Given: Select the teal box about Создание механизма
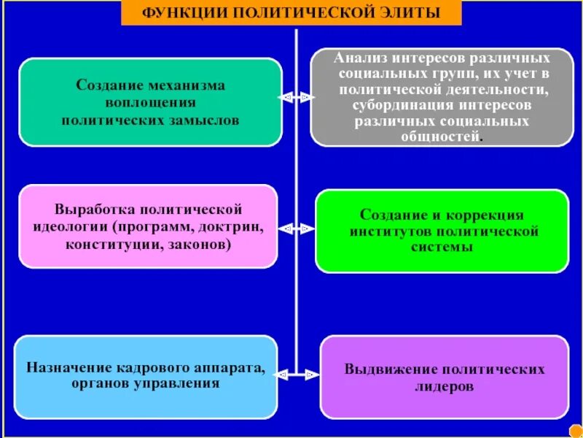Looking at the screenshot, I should tap(150, 102).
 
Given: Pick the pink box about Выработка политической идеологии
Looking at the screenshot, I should tap(148, 226).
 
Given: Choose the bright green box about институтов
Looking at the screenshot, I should tap(442, 231).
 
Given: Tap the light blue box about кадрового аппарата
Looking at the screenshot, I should tap(146, 376).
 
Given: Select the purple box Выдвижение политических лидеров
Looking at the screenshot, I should tap(445, 377).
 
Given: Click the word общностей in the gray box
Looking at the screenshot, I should tap(442, 137).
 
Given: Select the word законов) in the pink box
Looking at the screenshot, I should tap(199, 243).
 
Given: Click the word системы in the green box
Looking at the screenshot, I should tap(443, 247).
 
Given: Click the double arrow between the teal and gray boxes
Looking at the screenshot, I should tap(296, 96).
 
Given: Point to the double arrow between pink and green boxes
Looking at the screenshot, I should tap(296, 228).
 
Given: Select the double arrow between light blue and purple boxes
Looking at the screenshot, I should tap(298, 374).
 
